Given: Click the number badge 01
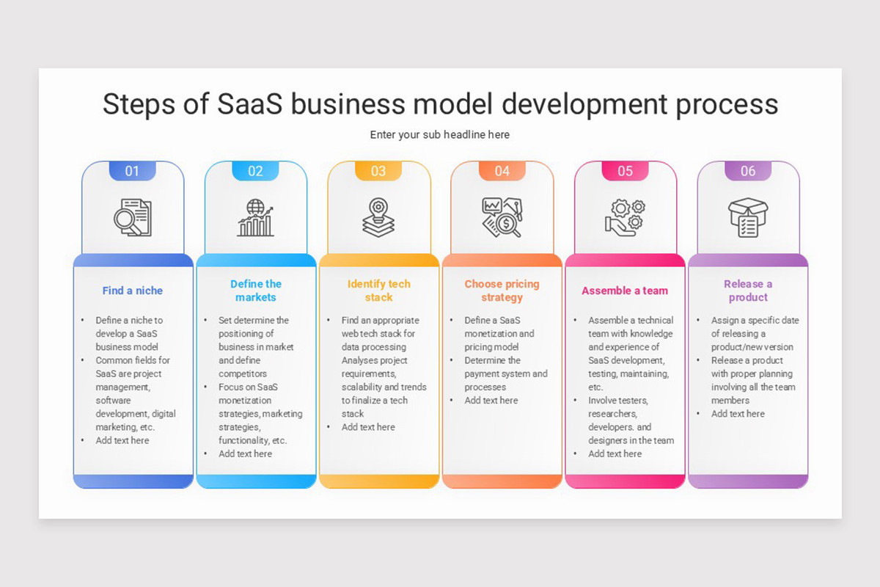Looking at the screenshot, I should pos(132,171).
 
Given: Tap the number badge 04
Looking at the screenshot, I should pos(502,171).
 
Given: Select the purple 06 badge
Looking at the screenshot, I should pos(748,171).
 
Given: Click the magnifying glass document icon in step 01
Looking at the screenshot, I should pos(133,217).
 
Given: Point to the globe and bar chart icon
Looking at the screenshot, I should pos(255,217).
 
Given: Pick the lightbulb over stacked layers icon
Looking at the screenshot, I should pos(378,217).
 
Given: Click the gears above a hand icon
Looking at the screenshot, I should pos(625,217).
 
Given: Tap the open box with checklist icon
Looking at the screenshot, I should pos(747,217).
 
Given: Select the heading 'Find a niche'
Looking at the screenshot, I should pos(133,291).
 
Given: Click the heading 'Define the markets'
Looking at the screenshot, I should pos(256,291).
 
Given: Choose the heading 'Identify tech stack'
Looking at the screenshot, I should pos(379,291).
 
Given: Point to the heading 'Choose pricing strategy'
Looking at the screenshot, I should pos(502,291).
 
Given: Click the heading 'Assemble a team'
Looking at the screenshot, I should pos(625,291).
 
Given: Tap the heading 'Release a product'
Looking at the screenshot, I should pos(748,291).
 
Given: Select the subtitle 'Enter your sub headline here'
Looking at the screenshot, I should pos(440,135).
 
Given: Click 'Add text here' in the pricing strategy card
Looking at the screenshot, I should pos(491,401).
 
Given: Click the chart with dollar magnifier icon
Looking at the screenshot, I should pos(502,217).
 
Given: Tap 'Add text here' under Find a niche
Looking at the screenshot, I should pos(122,440).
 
